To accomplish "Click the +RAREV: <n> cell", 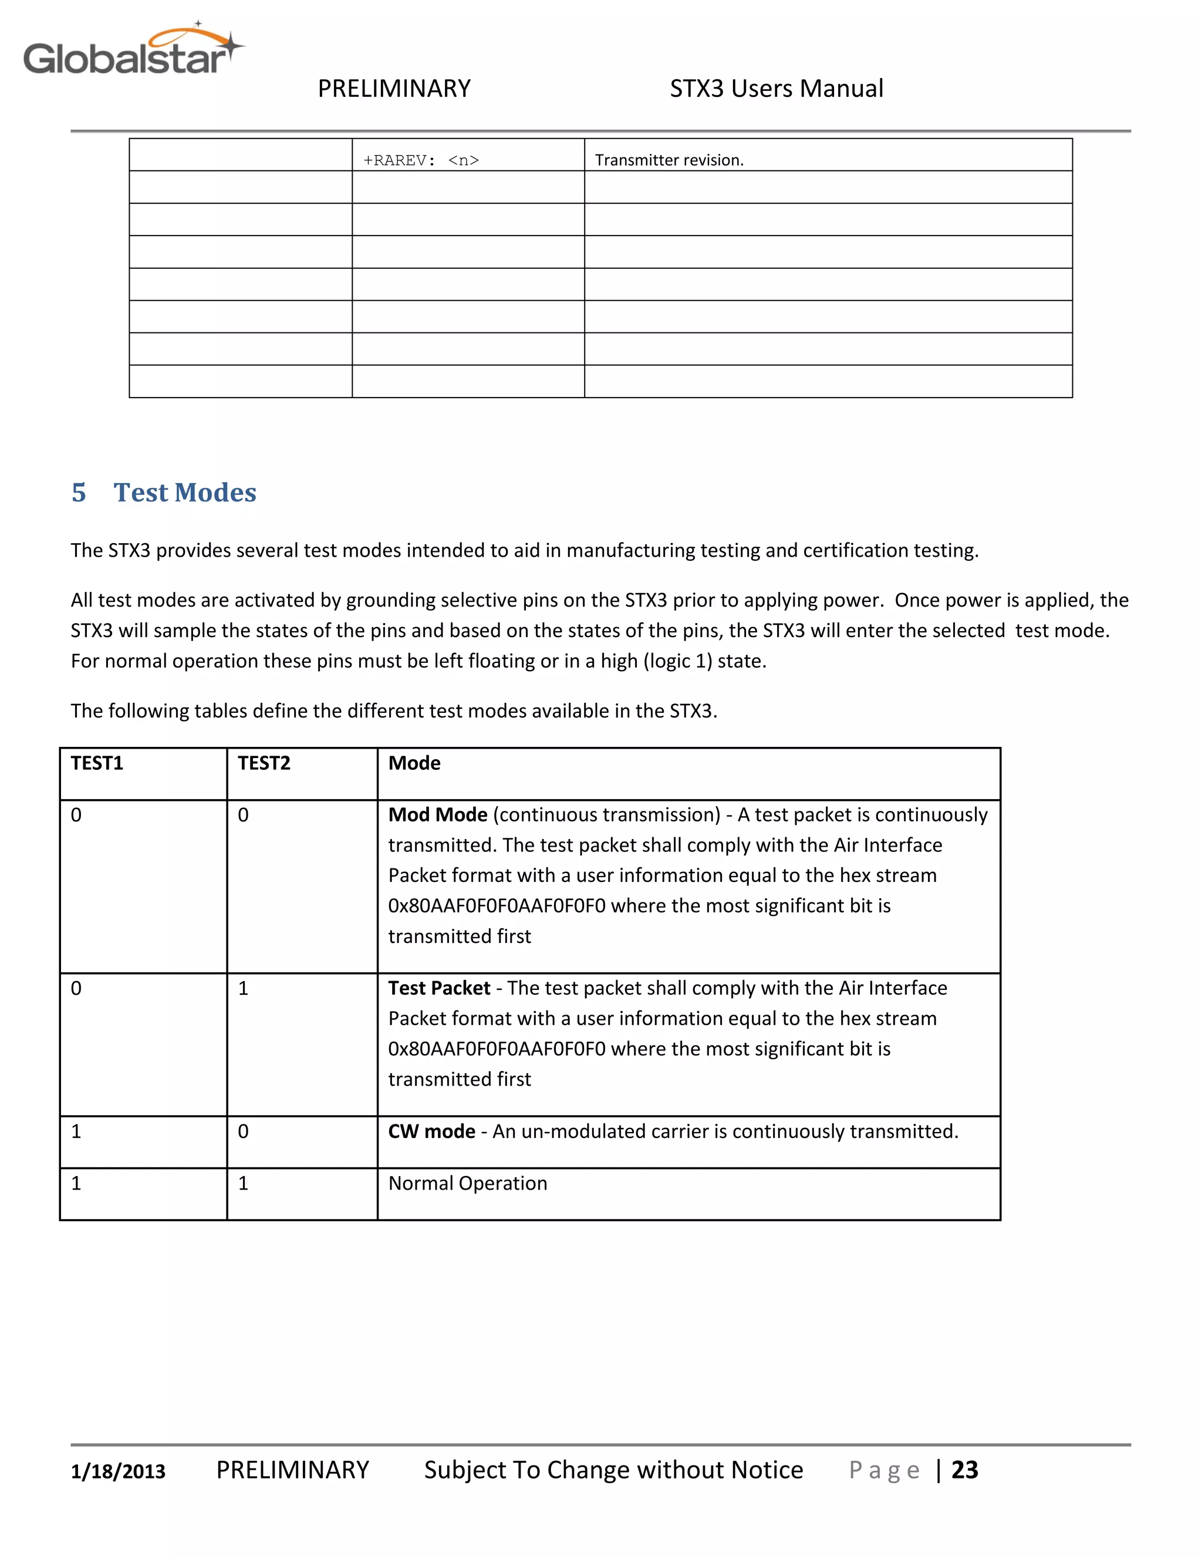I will [421, 160].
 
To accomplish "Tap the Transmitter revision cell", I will [668, 160].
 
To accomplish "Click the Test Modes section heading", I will [184, 492].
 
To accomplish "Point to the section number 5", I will [79, 492].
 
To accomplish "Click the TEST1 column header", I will [97, 763].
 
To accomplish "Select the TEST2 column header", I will [264, 763].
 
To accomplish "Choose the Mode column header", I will [414, 763].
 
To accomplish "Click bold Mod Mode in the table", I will [437, 814].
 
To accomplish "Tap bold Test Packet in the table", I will [438, 988].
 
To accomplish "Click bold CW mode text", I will [431, 1131].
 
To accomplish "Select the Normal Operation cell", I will [468, 1183].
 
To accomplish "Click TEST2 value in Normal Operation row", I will [244, 1183].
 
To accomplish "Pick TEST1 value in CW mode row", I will [76, 1131].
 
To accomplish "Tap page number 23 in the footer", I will [965, 1470].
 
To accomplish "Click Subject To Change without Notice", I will [613, 1470].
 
